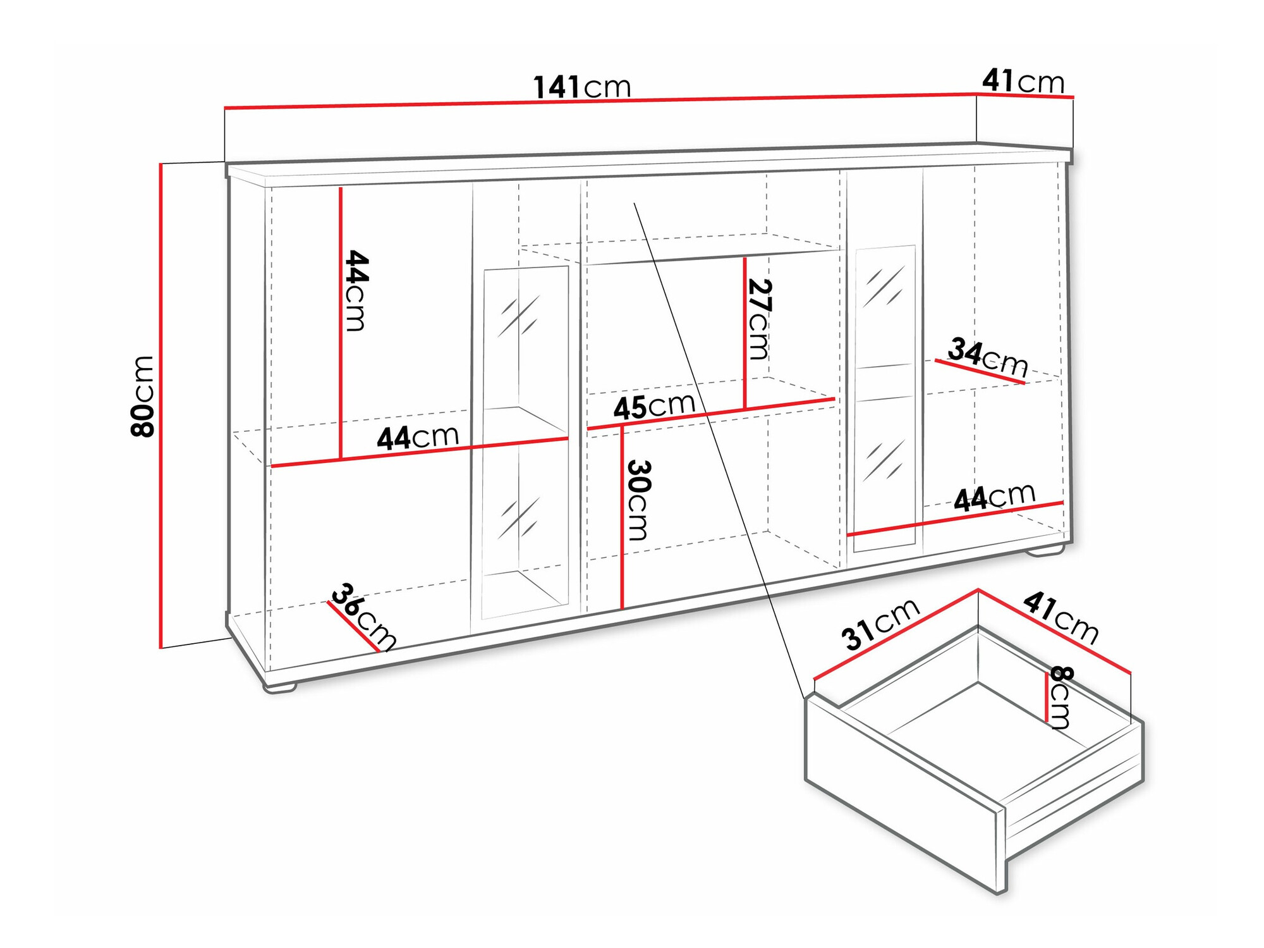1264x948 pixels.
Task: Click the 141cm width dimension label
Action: click(x=582, y=87)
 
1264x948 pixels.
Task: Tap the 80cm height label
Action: click(x=143, y=397)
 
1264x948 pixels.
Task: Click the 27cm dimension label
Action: click(x=759, y=319)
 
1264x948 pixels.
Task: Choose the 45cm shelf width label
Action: click(x=654, y=407)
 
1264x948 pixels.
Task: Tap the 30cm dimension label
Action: click(x=638, y=500)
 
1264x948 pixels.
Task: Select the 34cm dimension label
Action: click(x=988, y=357)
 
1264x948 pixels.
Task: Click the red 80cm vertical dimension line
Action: click(x=161, y=405)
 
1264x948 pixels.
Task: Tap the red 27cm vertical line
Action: click(x=745, y=332)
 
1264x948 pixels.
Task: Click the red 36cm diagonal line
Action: click(x=353, y=626)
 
